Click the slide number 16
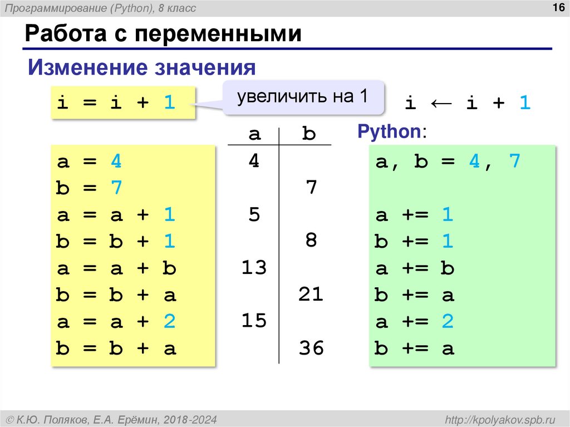[556, 7]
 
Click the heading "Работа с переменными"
[163, 35]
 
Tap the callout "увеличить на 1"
[303, 97]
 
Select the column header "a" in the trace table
[254, 134]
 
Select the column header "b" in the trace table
[309, 134]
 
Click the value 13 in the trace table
[254, 268]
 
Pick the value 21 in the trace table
[311, 295]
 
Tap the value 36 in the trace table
[311, 349]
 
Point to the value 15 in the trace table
[254, 321]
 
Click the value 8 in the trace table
[311, 241]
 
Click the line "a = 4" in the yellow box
[89, 161]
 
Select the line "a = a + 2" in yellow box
[116, 322]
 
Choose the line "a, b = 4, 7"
[448, 161]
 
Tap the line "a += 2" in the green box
[414, 322]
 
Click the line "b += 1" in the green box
[414, 242]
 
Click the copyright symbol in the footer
[9, 419]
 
